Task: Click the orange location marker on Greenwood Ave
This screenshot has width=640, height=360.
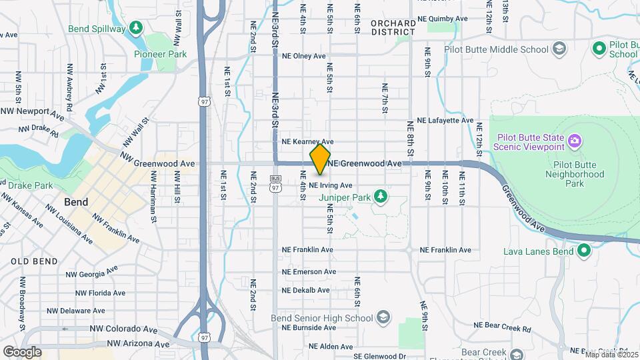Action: pos(321,159)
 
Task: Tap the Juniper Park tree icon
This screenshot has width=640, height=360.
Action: pos(381,196)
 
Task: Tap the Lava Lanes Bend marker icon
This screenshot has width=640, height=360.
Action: pos(584,251)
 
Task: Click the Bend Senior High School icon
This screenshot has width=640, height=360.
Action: pos(383,317)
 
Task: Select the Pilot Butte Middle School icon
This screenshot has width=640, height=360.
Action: pos(559,49)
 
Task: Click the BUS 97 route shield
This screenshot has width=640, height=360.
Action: pos(275,182)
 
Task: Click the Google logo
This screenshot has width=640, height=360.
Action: pos(23,351)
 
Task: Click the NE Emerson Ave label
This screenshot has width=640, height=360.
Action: pos(309,272)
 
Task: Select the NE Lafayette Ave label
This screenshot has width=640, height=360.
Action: pos(445,121)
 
